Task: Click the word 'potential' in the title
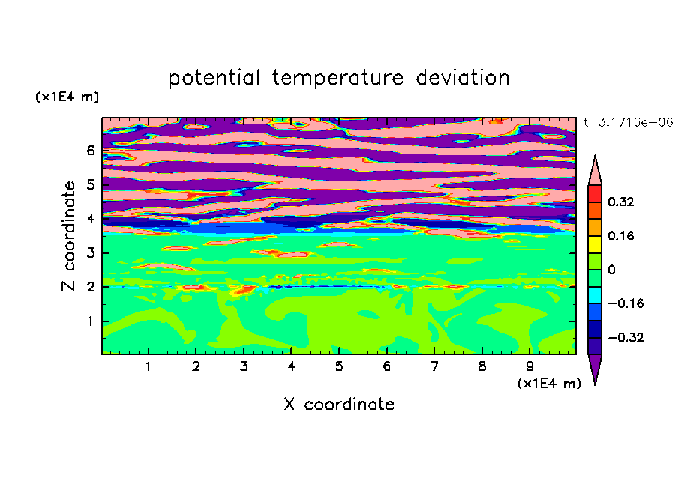[214, 79]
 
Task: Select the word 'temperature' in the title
[337, 79]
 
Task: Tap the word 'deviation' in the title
[462, 78]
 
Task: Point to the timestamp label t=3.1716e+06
[628, 122]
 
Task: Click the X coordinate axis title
[339, 404]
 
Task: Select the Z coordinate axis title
[69, 235]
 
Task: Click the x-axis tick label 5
[339, 366]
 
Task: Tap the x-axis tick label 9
[529, 366]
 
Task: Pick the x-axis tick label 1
[148, 366]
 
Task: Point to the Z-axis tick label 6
[90, 151]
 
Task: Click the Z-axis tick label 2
[90, 287]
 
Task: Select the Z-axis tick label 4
[90, 219]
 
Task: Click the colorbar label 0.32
[621, 202]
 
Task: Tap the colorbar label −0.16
[625, 303]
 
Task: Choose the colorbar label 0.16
[621, 235]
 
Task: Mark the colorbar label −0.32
[625, 337]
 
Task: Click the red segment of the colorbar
[595, 193]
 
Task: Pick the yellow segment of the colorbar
[595, 244]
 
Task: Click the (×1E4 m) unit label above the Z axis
[67, 97]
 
